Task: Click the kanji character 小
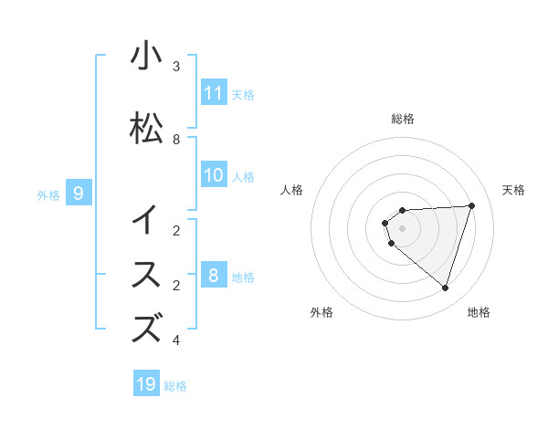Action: [x=146, y=57]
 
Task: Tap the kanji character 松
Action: [x=146, y=129]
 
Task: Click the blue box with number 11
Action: [x=214, y=93]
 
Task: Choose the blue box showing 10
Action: [x=214, y=175]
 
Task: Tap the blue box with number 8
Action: [x=214, y=276]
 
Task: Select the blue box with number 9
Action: [x=79, y=193]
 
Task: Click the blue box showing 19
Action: [x=146, y=384]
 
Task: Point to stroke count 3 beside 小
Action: [x=176, y=67]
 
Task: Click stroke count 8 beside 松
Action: [x=176, y=140]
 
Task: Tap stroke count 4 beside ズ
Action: [x=176, y=340]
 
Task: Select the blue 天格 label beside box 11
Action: [x=243, y=94]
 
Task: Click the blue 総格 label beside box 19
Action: [x=175, y=386]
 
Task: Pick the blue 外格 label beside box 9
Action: [x=48, y=194]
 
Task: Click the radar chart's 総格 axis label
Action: [x=402, y=119]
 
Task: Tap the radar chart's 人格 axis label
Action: [x=292, y=190]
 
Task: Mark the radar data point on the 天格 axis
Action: [x=472, y=205]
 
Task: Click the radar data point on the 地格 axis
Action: [x=445, y=288]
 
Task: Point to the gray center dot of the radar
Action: [x=402, y=228]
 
